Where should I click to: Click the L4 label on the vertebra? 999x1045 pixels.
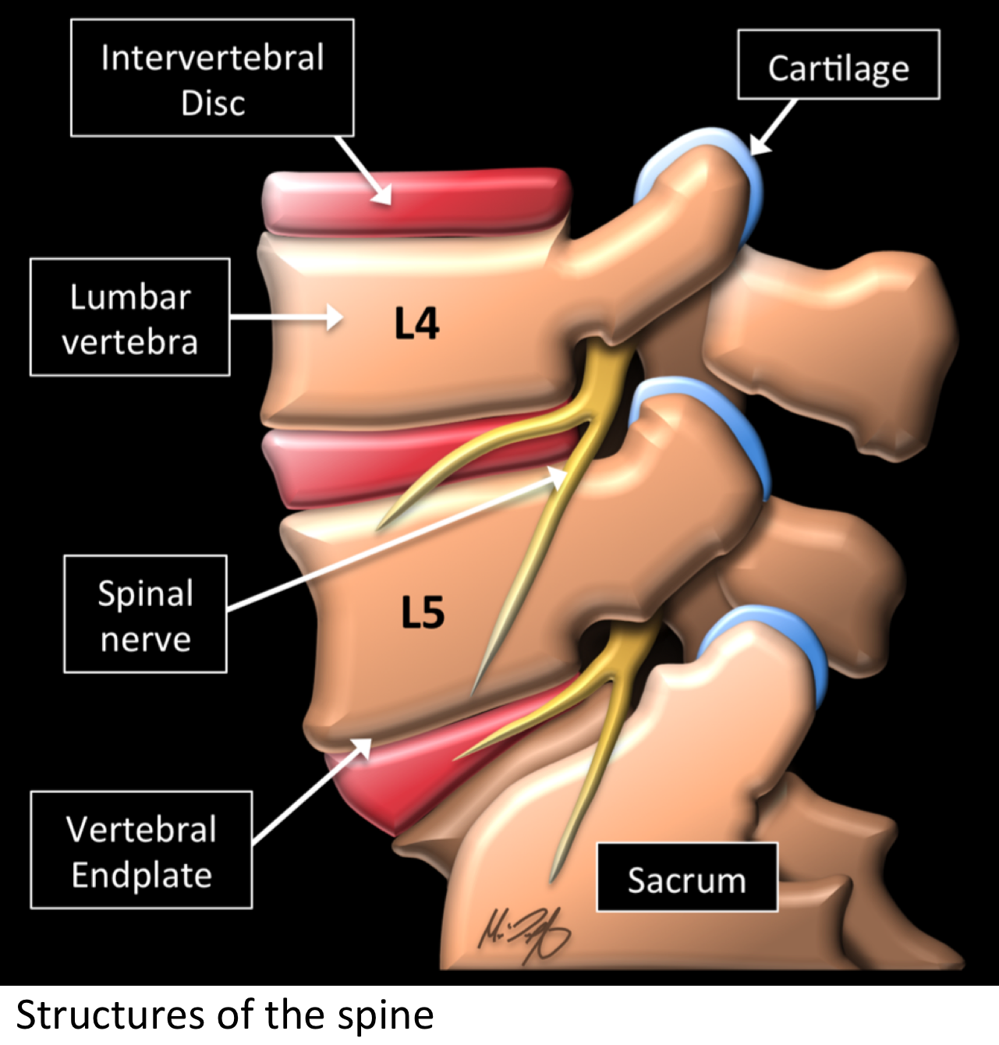point(416,324)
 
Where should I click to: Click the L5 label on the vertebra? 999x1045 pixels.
point(423,612)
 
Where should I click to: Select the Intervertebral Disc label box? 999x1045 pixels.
point(212,79)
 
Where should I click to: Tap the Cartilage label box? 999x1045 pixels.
point(838,66)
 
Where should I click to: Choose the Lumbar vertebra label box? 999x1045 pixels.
point(130,318)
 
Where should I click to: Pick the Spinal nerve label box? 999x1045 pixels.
point(146,615)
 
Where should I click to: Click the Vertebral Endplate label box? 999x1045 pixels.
point(141,851)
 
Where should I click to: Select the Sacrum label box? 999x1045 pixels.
point(687,879)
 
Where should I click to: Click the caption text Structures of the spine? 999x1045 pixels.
point(225,1015)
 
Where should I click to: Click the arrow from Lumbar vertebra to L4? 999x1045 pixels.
point(286,317)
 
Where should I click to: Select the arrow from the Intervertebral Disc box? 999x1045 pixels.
point(364,171)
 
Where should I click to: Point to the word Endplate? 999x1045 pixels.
point(141,875)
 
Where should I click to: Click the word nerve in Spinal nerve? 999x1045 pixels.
point(146,639)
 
